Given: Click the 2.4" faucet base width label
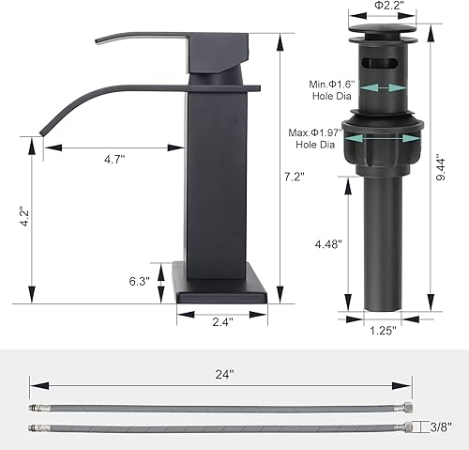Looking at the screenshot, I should pos(222,321).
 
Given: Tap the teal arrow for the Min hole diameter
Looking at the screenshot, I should pos(375,88).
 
